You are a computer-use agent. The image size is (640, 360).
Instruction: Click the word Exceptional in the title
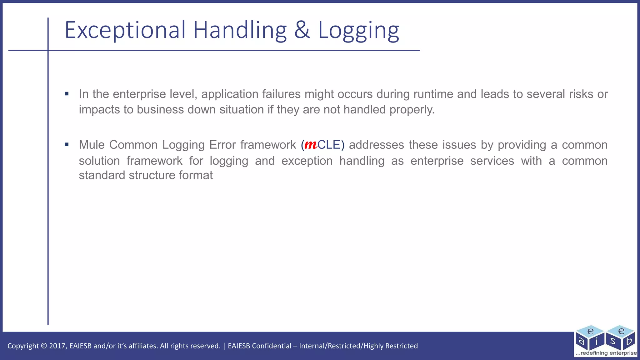click(125, 30)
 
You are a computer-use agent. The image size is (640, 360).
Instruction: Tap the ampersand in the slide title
click(302, 30)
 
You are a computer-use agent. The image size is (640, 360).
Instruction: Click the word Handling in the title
click(240, 30)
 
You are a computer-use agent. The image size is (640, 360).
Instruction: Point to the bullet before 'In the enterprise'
click(67, 94)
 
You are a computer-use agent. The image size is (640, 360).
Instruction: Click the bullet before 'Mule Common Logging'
click(67, 144)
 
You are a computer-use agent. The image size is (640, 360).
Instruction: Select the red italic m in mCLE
click(311, 145)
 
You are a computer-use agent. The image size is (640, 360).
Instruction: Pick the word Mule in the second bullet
click(92, 145)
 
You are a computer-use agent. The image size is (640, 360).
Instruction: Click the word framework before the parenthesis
click(268, 145)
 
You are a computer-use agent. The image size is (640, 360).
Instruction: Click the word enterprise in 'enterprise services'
click(437, 161)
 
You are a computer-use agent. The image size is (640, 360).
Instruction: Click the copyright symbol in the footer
click(44, 346)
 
